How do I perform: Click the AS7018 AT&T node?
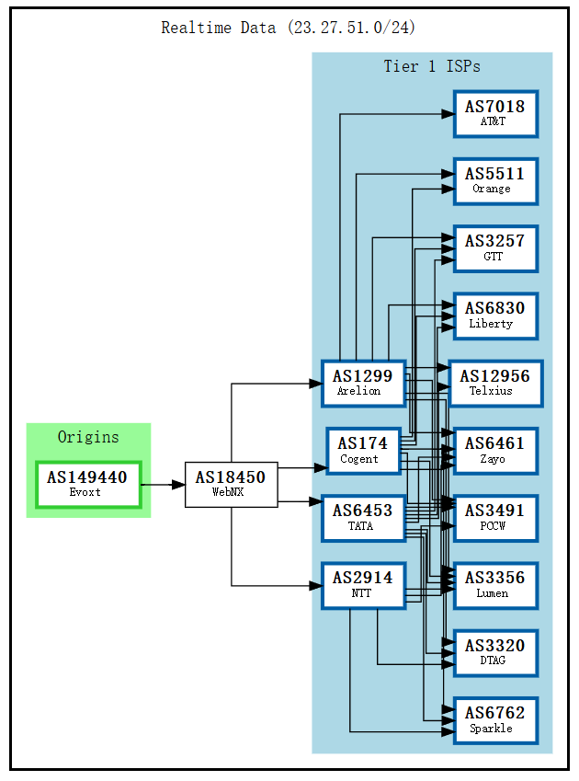pyautogui.click(x=494, y=113)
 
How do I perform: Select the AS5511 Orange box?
pyautogui.click(x=494, y=180)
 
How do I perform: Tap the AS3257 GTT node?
pyautogui.click(x=494, y=248)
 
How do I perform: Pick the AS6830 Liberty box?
pyautogui.click(x=494, y=316)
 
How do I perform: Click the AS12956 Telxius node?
pyautogui.click(x=494, y=383)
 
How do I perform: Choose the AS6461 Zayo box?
pyautogui.click(x=494, y=451)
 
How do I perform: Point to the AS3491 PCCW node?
pyautogui.click(x=494, y=518)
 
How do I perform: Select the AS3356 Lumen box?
pyautogui.click(x=494, y=585)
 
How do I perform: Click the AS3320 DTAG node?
pyautogui.click(x=494, y=652)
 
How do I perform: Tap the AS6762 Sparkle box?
pyautogui.click(x=494, y=720)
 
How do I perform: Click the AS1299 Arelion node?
pyautogui.click(x=363, y=383)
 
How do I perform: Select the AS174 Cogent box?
pyautogui.click(x=363, y=451)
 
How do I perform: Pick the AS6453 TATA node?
pyautogui.click(x=363, y=518)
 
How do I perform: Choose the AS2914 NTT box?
pyautogui.click(x=363, y=585)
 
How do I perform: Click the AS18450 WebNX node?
pyautogui.click(x=231, y=484)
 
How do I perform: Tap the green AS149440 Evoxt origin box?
pyautogui.click(x=87, y=484)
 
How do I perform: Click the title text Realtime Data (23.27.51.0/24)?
pyautogui.click(x=289, y=28)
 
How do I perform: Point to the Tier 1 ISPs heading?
pyautogui.click(x=431, y=66)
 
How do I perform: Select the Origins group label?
pyautogui.click(x=88, y=437)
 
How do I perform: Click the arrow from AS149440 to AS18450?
pyautogui.click(x=163, y=484)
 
